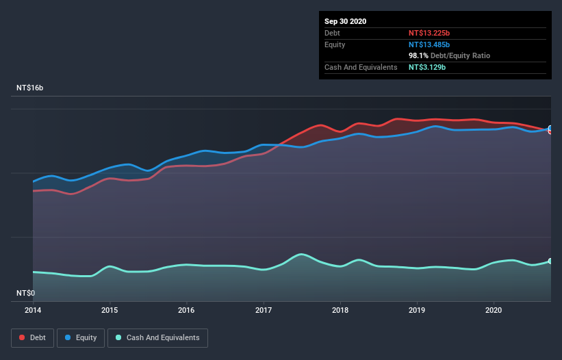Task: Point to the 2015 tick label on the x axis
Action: click(x=110, y=309)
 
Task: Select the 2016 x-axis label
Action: click(x=186, y=309)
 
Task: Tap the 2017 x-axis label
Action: click(x=264, y=309)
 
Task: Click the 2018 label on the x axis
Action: click(x=340, y=309)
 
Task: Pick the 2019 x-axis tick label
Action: click(x=417, y=309)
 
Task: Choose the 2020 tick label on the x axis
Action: click(x=494, y=309)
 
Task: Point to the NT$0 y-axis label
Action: click(x=25, y=293)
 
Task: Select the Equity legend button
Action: click(x=81, y=337)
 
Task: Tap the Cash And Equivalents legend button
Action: click(x=157, y=337)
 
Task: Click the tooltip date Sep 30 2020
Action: click(x=346, y=21)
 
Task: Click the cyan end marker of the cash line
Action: click(x=550, y=261)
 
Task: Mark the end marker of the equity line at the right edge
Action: click(x=550, y=128)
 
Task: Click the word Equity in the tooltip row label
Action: click(x=335, y=44)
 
